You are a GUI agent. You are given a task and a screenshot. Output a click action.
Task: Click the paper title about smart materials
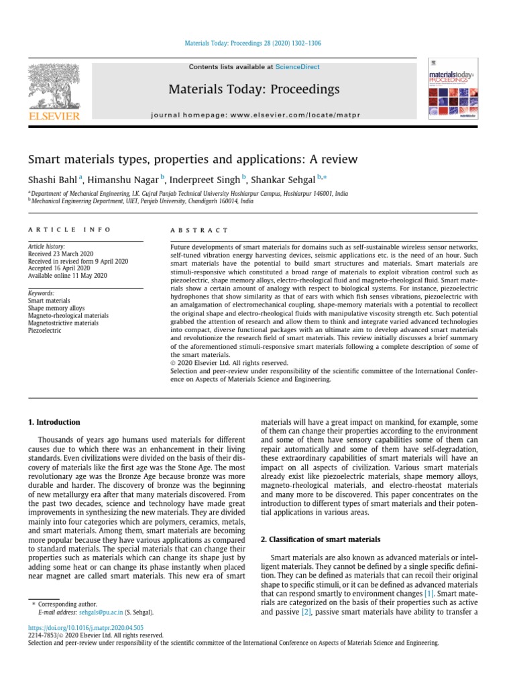(x=192, y=160)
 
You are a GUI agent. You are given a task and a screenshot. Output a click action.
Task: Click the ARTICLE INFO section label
(x=69, y=229)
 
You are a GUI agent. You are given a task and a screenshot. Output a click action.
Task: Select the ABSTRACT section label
(x=199, y=229)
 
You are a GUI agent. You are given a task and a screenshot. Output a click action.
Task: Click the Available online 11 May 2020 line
(x=67, y=276)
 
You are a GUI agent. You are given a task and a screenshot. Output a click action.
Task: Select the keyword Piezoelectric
(x=44, y=330)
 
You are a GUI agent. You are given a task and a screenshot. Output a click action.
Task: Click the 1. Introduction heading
(x=54, y=422)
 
